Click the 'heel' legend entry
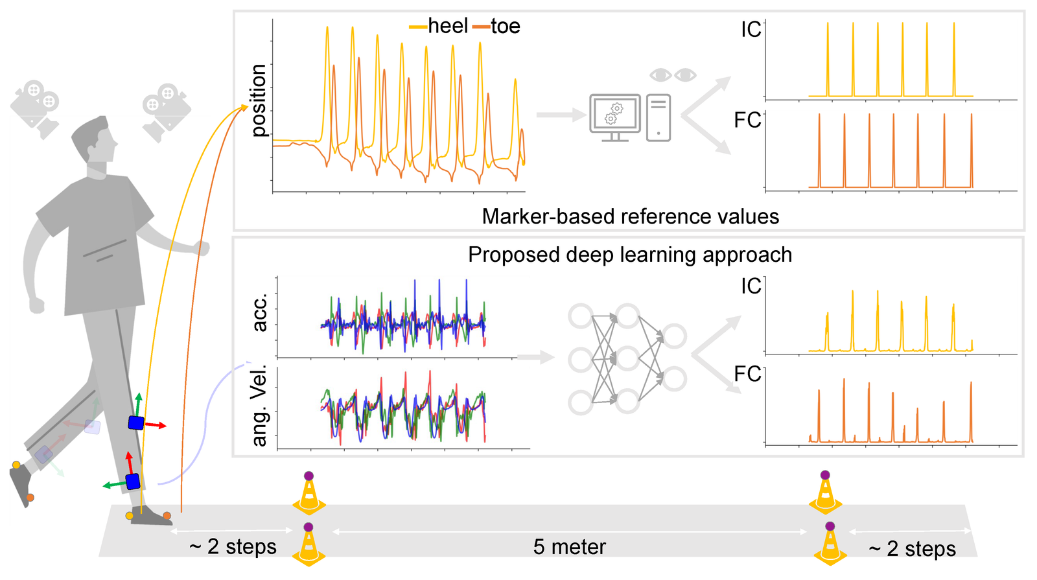point(447,26)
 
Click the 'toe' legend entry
point(505,26)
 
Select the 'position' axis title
point(259,100)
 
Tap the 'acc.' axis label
point(259,313)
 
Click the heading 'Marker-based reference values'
point(630,216)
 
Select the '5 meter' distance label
point(569,547)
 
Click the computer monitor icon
point(615,117)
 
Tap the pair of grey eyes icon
point(673,75)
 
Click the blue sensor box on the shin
point(135,423)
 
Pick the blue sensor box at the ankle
point(133,481)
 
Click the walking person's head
point(95,139)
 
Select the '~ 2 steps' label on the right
point(912,549)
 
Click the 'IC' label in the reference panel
point(751,30)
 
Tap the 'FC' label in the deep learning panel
point(747,374)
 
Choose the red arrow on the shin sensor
point(156,425)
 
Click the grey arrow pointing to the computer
point(561,115)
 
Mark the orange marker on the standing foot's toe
point(167,516)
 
